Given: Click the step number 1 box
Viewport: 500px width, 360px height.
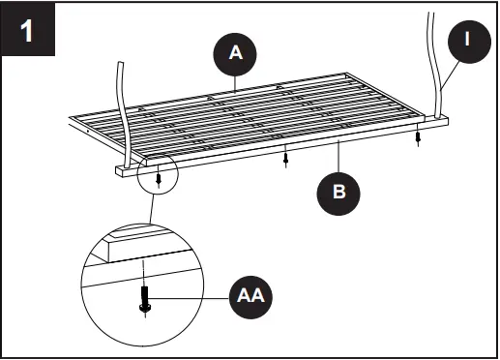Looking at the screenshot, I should (27, 30).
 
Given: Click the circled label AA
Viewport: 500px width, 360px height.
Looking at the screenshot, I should (250, 293).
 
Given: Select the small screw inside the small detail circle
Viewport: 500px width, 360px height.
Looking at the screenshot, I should (159, 179).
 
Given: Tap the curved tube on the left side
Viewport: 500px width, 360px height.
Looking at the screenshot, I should (123, 106).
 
